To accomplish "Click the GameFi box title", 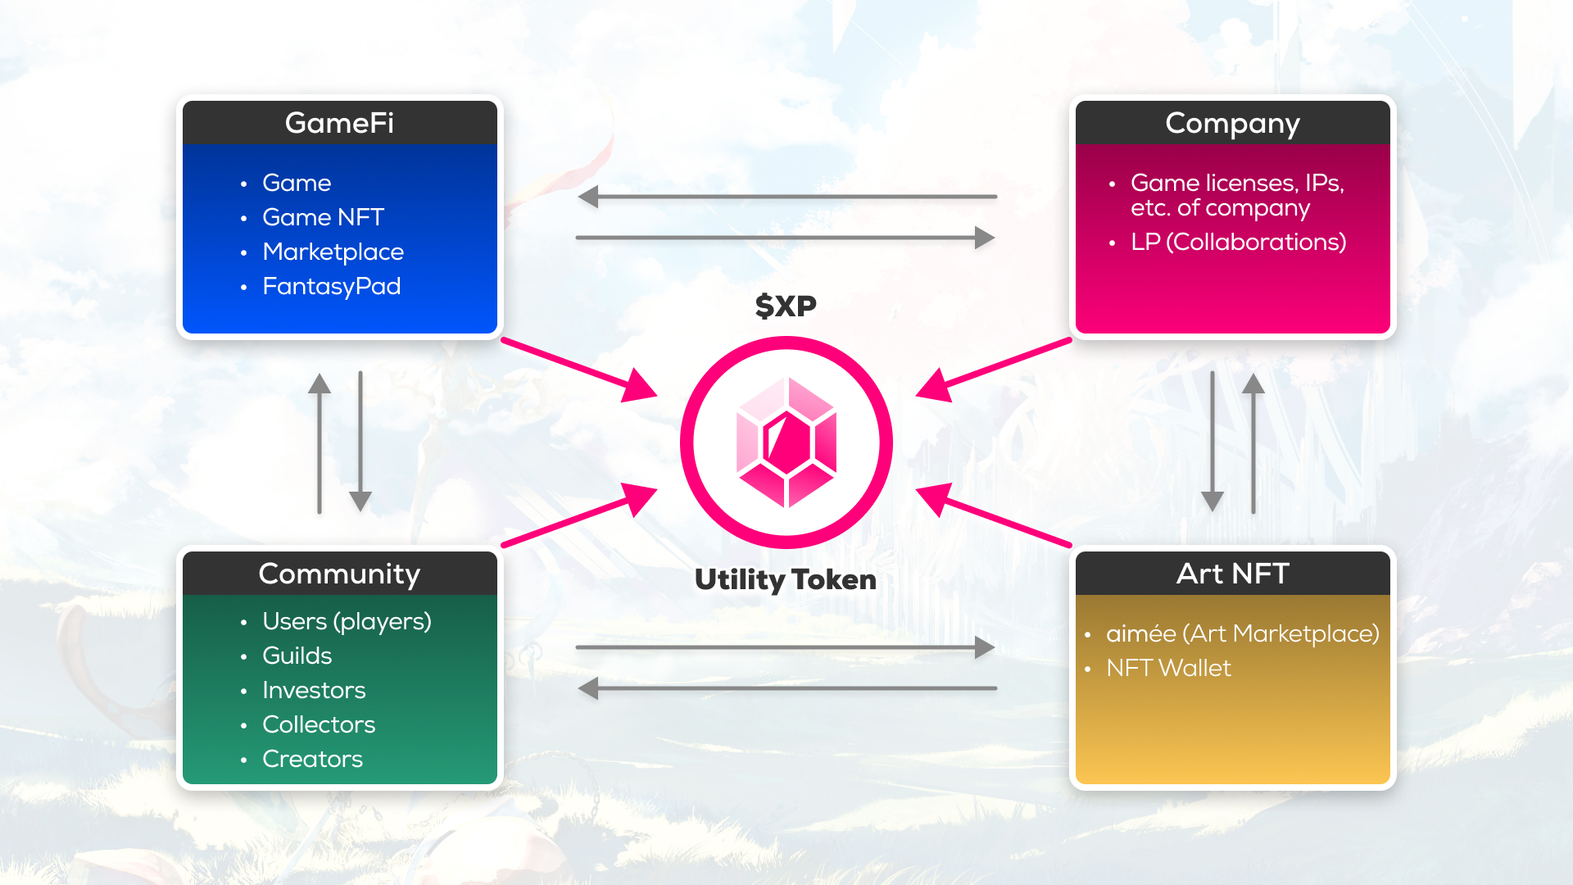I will (339, 123).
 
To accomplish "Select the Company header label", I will (1232, 123).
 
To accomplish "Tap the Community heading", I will (339, 574).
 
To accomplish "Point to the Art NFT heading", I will (1232, 574).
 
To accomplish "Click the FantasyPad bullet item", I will (331, 286).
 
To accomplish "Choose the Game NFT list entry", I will (323, 217).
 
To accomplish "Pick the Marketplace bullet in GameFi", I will (333, 252).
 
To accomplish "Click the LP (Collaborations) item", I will (1238, 242).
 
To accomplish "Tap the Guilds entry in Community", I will (297, 656).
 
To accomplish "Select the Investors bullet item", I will (314, 690).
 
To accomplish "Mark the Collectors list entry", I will (319, 724).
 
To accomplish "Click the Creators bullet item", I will (312, 759).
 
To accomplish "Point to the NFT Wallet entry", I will (1168, 668).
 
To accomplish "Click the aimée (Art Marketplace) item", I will (1242, 633).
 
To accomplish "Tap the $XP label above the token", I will (786, 306).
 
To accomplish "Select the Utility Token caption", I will (786, 579).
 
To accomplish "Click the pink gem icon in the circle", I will (786, 442).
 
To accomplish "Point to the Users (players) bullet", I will (347, 621).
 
